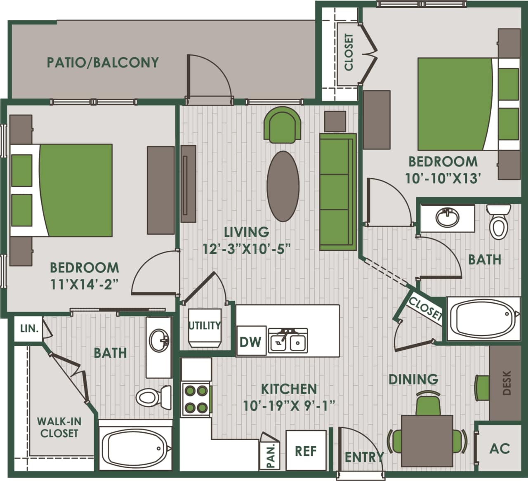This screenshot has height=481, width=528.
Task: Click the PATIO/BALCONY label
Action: (x=103, y=63)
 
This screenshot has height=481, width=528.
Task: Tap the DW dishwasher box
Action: (x=250, y=342)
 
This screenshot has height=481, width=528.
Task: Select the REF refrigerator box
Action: (x=306, y=451)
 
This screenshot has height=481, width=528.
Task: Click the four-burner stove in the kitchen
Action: (x=196, y=399)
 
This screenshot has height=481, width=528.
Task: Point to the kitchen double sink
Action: (x=288, y=341)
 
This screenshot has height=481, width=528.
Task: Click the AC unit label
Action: (x=500, y=448)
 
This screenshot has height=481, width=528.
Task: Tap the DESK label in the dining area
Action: (x=507, y=383)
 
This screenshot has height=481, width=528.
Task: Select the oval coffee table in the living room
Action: (x=283, y=186)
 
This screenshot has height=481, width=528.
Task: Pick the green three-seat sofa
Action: (x=337, y=192)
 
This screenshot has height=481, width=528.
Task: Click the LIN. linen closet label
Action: (x=29, y=329)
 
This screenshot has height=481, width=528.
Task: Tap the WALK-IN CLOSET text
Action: (x=59, y=427)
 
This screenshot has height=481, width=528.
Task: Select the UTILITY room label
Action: (x=205, y=325)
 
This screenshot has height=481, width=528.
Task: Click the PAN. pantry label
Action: (x=271, y=455)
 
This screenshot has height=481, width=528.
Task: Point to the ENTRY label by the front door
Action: (x=364, y=457)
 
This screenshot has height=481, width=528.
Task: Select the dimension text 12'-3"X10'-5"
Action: (x=246, y=249)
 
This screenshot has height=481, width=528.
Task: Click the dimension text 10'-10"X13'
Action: (x=443, y=178)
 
